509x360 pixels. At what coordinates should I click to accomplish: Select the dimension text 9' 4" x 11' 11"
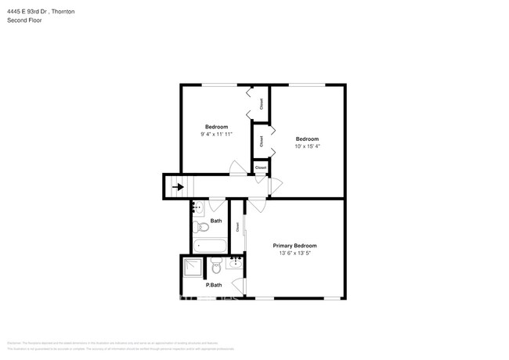click(x=216, y=135)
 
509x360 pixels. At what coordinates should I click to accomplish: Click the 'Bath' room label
click(x=216, y=221)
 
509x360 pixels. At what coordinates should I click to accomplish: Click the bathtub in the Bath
click(x=209, y=245)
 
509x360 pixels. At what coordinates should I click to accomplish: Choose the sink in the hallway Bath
click(x=197, y=207)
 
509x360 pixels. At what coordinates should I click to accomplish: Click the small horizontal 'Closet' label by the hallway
click(x=261, y=167)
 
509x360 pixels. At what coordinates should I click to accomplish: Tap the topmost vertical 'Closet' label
click(x=261, y=103)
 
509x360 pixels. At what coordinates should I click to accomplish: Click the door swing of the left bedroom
click(x=236, y=167)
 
